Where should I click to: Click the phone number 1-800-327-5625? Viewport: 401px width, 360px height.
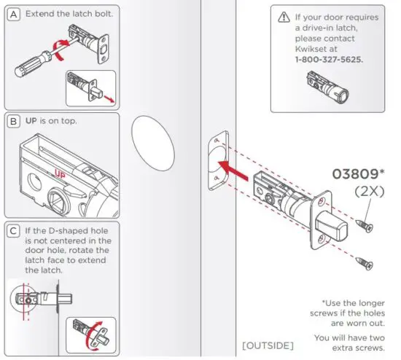pos(330,59)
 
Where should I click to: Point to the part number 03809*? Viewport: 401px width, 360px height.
pos(359,175)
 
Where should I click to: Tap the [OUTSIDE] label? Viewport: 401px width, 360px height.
pos(268,343)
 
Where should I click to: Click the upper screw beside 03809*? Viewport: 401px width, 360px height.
pos(364,226)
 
